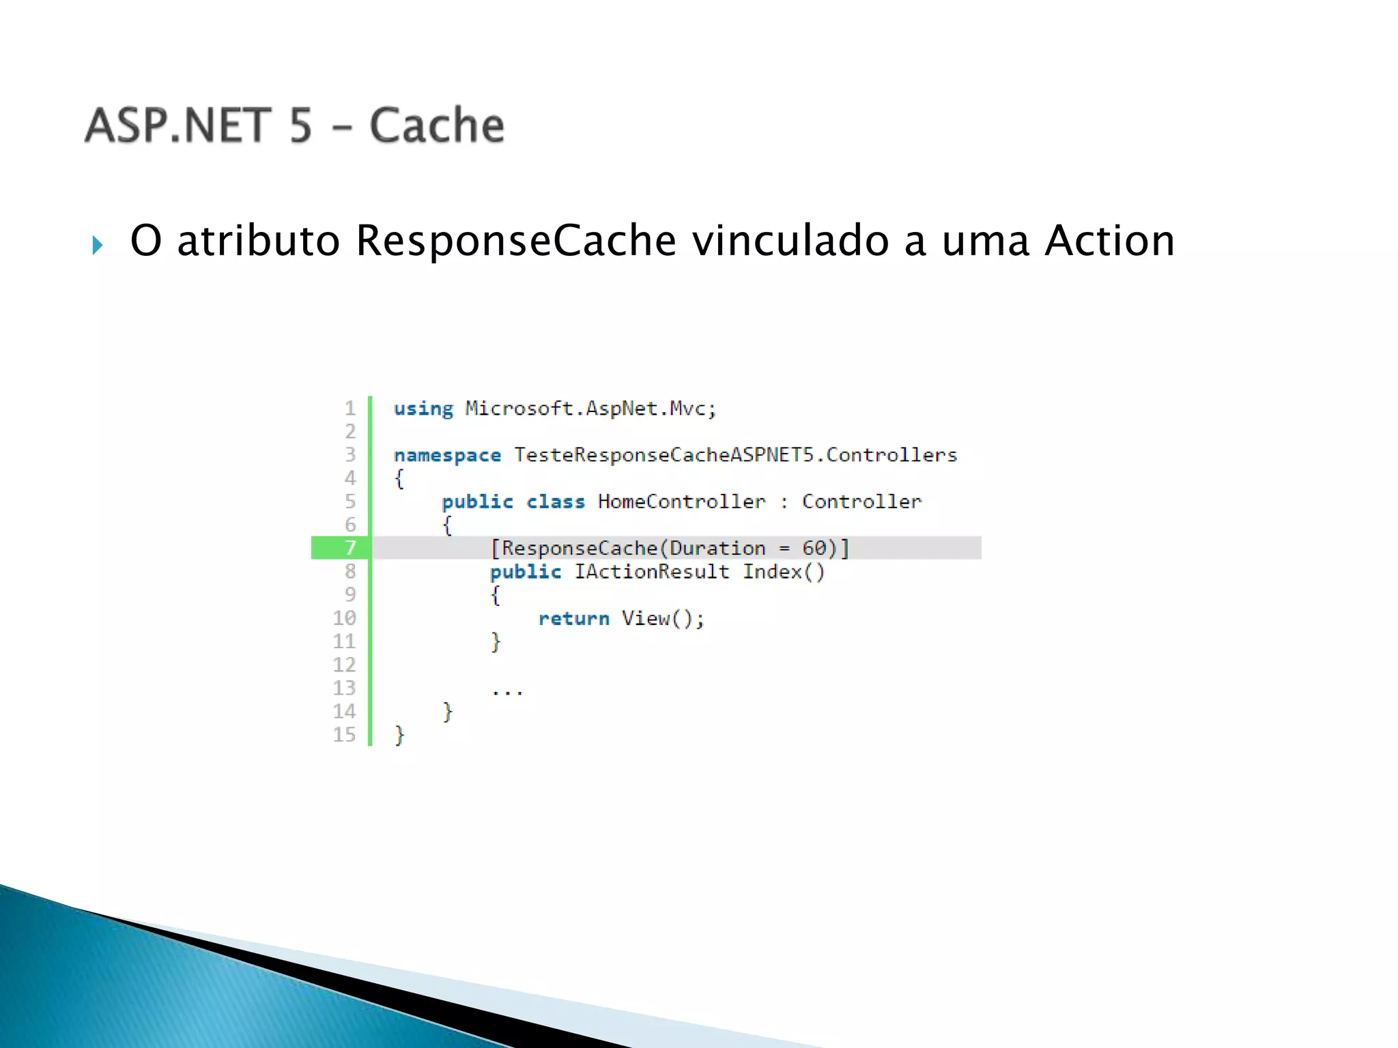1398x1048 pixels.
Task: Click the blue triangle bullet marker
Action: (x=98, y=245)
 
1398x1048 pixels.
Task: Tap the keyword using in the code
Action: (x=423, y=409)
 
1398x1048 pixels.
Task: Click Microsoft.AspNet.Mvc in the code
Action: (x=590, y=409)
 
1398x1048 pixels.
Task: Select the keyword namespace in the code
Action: (x=447, y=455)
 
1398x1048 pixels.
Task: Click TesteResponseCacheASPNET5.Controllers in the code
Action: (x=735, y=455)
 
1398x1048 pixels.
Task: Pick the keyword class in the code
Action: (x=556, y=501)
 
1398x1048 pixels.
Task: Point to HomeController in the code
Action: (x=681, y=501)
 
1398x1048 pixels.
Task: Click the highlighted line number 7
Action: (x=350, y=548)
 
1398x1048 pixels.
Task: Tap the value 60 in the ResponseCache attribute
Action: (x=814, y=548)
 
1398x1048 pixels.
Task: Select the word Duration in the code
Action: (x=717, y=548)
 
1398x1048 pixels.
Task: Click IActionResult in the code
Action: (x=651, y=572)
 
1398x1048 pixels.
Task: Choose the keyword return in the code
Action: (x=573, y=618)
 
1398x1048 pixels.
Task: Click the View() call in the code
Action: (x=662, y=618)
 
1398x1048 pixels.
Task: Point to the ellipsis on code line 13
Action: (x=507, y=692)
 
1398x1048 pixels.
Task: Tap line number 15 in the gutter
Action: (x=344, y=735)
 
